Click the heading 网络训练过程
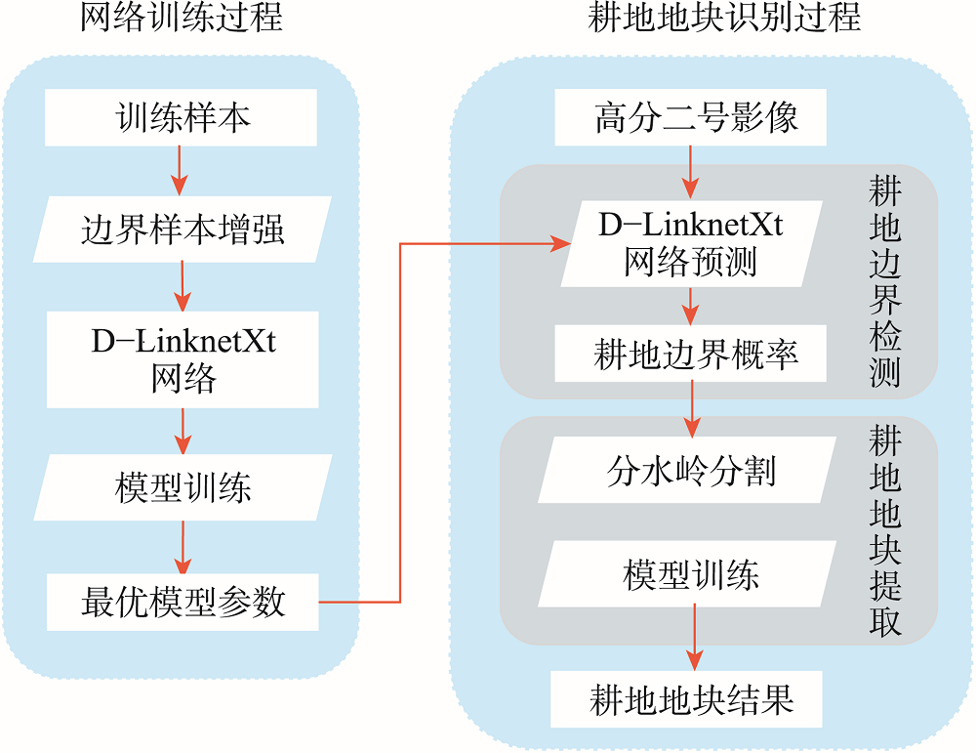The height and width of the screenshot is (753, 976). pos(182,17)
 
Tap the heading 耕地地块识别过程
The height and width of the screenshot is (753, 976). pos(724,17)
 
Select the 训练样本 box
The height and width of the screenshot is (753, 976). pos(182,118)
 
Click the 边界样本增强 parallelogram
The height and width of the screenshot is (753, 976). pos(183,230)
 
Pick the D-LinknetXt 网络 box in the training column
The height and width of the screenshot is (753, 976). pos(183,359)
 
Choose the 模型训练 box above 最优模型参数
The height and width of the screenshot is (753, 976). pos(183,487)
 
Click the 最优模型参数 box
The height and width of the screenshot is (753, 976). pos(183,603)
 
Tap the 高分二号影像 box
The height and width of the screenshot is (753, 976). pos(691,117)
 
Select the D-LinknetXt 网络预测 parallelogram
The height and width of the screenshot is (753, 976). pos(692,243)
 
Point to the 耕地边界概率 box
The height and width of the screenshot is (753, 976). pos(691,354)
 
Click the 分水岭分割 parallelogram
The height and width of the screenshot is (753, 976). pos(687,470)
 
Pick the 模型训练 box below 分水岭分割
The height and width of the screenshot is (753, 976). pos(687,573)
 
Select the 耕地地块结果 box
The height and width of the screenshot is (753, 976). pos(686,699)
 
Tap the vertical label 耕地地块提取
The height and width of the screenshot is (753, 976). pos(884,530)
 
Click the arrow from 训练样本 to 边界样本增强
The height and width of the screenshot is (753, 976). pos(180,171)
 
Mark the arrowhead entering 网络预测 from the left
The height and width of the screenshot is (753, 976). pos(561,243)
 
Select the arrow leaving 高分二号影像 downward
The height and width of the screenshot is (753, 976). pos(690,173)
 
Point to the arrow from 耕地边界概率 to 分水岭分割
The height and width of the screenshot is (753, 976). pos(692,409)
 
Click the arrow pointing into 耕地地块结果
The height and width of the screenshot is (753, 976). pos(695,639)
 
